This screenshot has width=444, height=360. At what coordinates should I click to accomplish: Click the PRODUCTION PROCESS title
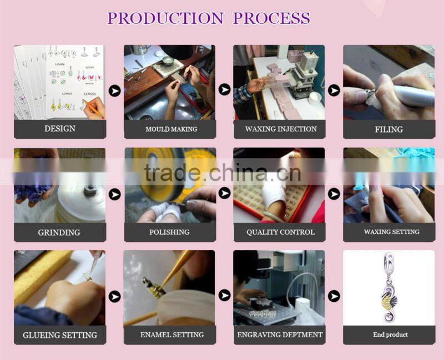click(209, 18)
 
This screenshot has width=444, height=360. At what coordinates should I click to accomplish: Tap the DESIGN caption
click(60, 129)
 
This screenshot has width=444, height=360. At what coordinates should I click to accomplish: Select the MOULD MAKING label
click(171, 129)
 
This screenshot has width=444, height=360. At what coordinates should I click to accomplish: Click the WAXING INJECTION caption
click(281, 129)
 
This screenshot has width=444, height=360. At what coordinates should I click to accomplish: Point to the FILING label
click(389, 129)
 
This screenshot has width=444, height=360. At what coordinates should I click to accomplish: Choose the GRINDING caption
click(59, 232)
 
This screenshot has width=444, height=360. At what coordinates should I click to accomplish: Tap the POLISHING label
click(169, 232)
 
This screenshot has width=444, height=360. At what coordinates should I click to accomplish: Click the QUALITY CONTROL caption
click(280, 232)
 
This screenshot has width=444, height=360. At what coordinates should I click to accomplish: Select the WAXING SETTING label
click(392, 231)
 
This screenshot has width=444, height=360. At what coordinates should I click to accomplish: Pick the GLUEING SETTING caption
click(60, 335)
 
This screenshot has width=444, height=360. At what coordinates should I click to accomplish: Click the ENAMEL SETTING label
click(172, 334)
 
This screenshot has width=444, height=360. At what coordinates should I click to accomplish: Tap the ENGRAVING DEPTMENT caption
click(280, 335)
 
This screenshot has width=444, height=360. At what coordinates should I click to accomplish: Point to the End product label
click(390, 334)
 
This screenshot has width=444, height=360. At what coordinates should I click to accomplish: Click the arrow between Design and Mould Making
click(115, 91)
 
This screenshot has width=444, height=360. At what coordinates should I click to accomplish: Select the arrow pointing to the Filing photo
click(334, 90)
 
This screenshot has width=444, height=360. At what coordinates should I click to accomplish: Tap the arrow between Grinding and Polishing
click(115, 195)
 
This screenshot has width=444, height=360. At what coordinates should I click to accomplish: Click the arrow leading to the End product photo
click(334, 296)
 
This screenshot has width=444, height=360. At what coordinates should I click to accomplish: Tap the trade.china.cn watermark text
click(223, 172)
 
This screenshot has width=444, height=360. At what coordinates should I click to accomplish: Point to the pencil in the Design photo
click(93, 108)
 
